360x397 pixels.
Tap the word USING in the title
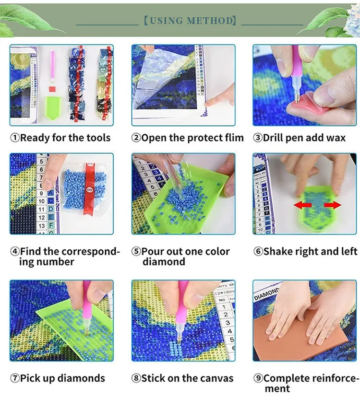click(166, 21)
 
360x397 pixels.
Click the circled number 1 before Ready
click(15, 138)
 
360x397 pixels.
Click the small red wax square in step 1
click(52, 89)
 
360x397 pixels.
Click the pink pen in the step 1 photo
click(52, 66)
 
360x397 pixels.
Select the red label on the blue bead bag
click(89, 189)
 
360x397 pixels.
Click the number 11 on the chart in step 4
click(42, 210)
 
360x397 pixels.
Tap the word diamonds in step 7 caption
click(81, 378)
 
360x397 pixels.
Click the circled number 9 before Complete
click(258, 378)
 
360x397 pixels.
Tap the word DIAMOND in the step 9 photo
click(266, 294)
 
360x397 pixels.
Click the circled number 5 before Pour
click(136, 251)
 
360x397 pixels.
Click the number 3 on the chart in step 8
click(228, 323)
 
